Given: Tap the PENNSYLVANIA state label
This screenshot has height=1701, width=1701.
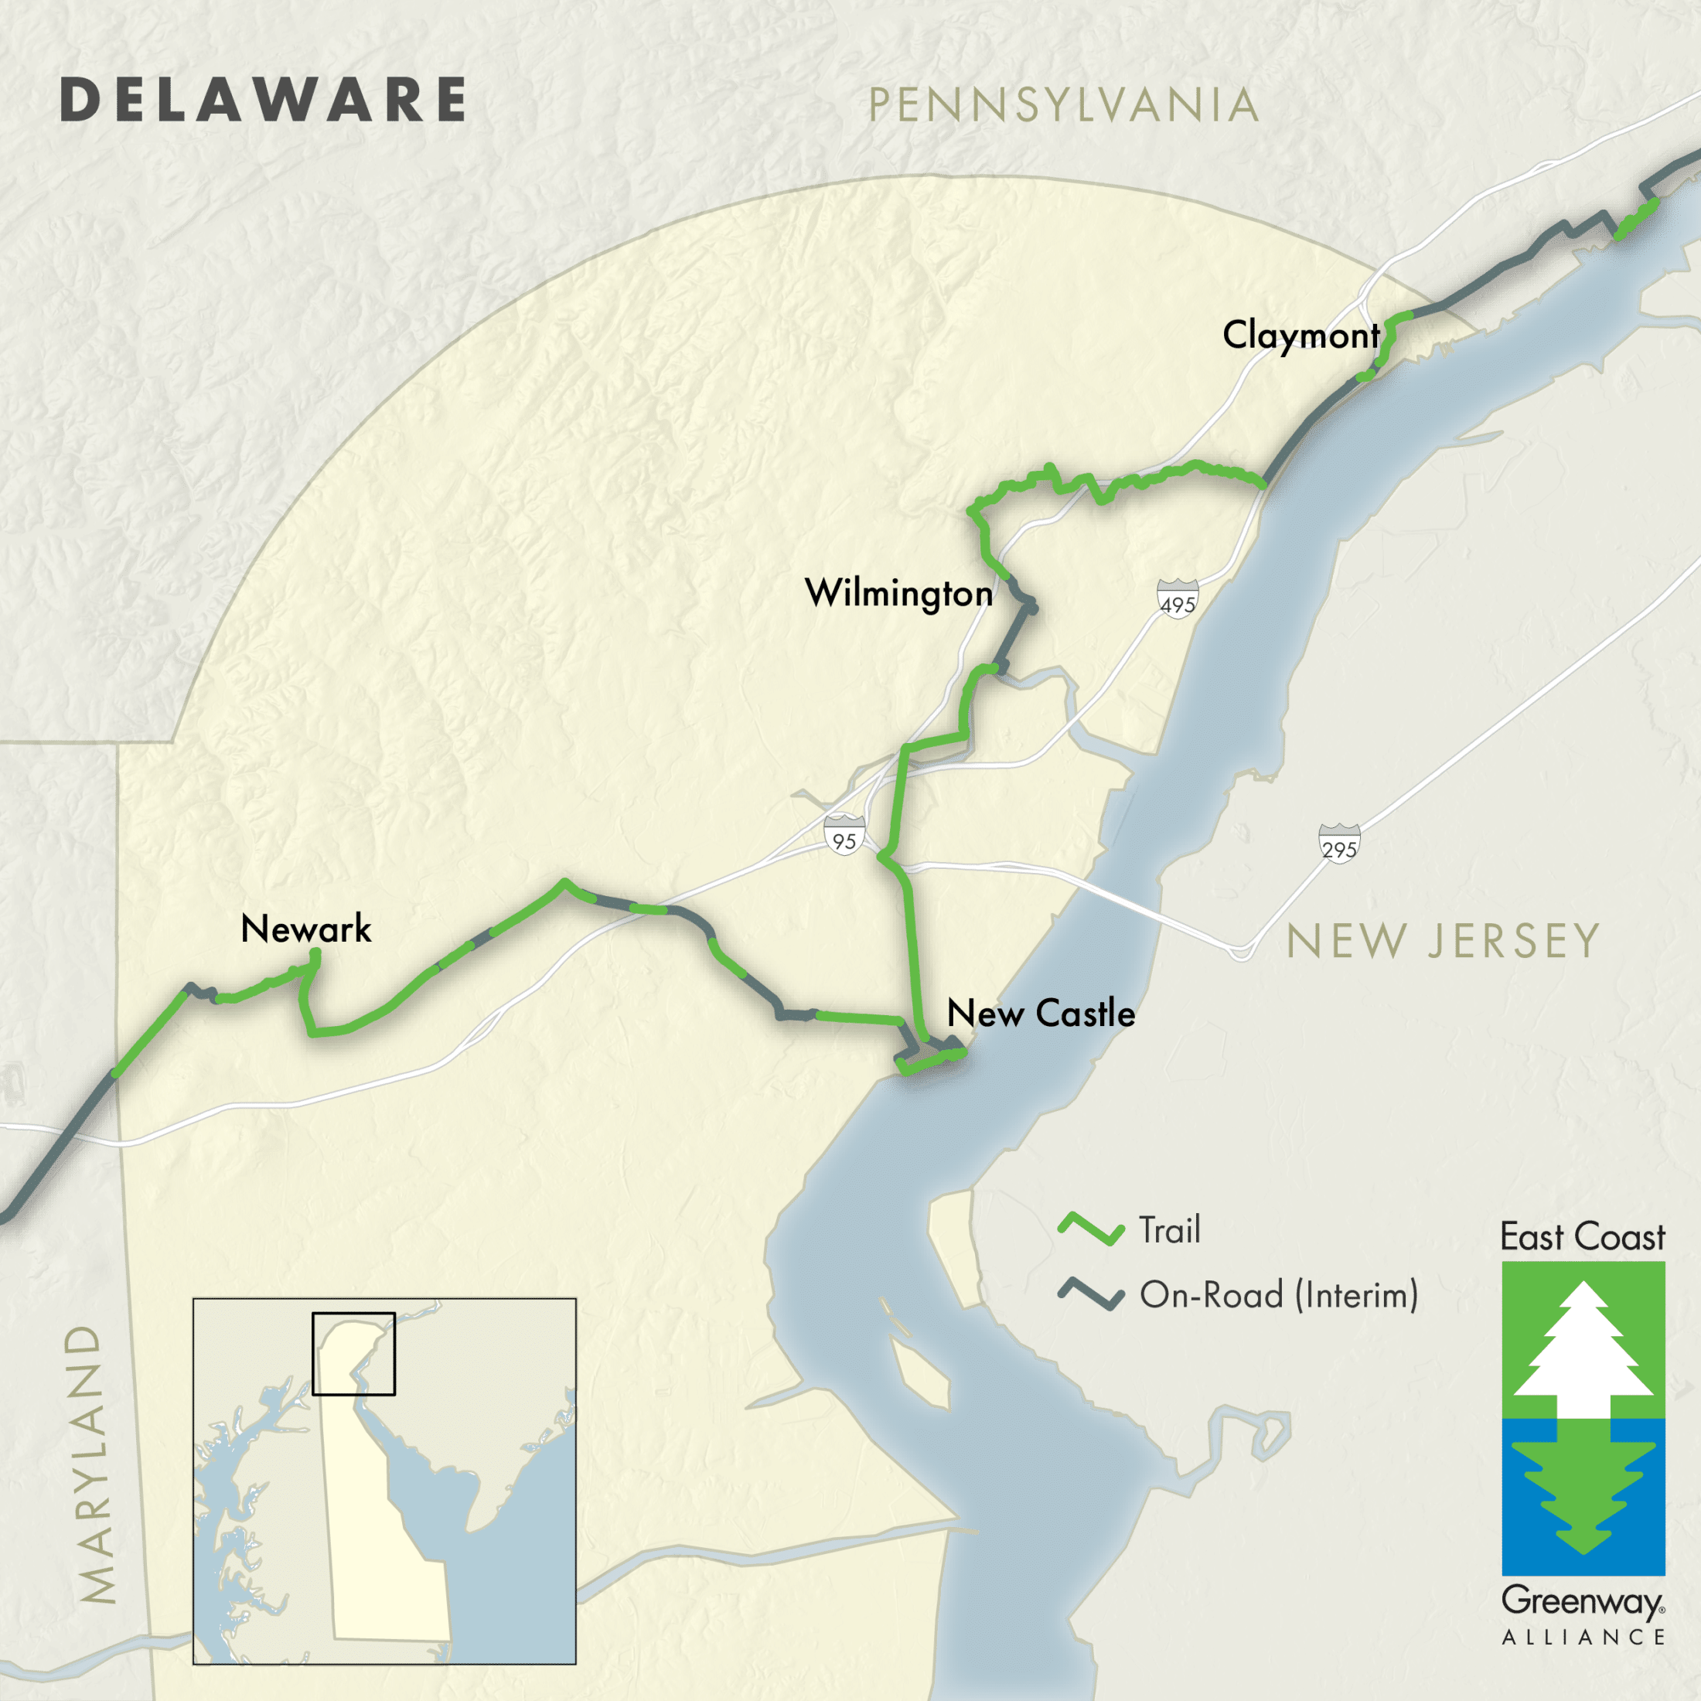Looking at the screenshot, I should coord(1062,106).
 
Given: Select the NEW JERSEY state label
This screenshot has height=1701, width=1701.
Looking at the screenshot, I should coord(1442,941).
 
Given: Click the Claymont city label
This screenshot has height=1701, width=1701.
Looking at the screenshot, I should coord(1300,336).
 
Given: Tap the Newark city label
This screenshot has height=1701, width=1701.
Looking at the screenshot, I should coord(305,929).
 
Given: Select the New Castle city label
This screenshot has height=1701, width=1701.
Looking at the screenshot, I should coord(1041,1014).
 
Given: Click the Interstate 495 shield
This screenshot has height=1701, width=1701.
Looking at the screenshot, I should coord(1177,598).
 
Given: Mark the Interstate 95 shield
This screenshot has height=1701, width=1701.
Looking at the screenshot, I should coord(844,835).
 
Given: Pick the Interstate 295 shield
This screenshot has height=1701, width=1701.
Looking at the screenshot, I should coord(1338,844).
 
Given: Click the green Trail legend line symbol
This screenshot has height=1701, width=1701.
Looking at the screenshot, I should coord(1091,1229).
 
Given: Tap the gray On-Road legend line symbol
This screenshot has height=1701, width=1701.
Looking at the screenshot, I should coord(1091,1294).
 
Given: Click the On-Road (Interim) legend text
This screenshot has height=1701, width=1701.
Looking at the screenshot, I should coord(1278,1294).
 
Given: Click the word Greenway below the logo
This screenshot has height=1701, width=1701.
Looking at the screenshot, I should coord(1581,1601).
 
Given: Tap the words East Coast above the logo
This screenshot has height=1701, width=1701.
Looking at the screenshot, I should coord(1582,1237).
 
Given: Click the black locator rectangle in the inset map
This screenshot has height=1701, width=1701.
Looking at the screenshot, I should coord(353,1354).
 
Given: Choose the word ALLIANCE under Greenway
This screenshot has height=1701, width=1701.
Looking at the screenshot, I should coord(1583,1638).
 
